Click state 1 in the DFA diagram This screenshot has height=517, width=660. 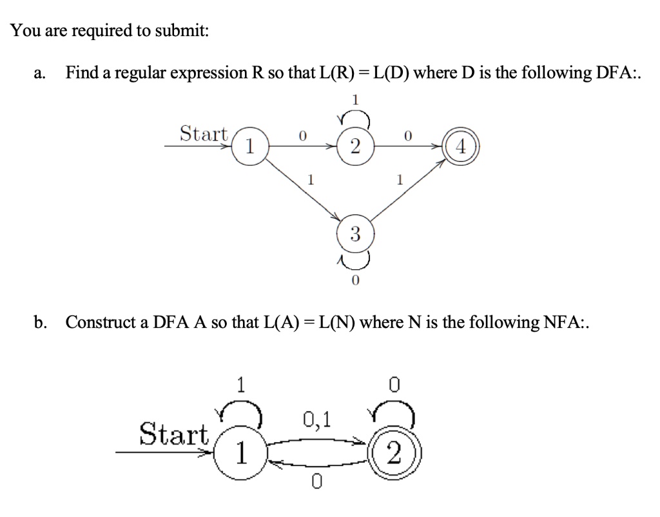[250, 147]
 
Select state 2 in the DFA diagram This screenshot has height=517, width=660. [354, 147]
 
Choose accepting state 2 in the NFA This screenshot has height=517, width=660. [394, 456]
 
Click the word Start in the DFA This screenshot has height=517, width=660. [204, 134]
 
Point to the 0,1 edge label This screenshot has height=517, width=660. [316, 420]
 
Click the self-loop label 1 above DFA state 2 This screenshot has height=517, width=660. [354, 99]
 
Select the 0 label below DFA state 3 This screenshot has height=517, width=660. [354, 281]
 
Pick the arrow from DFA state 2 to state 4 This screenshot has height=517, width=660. [406, 147]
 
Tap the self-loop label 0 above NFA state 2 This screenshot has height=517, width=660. [394, 385]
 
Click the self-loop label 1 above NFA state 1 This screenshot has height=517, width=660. [240, 385]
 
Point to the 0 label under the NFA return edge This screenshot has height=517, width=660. [315, 480]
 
